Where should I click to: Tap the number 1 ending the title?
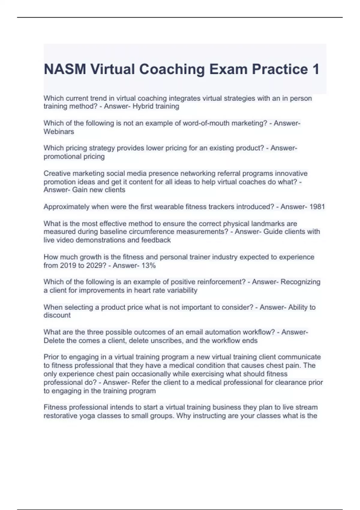pos(316,69)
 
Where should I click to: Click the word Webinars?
pos(59,132)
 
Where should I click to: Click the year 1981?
pos(317,207)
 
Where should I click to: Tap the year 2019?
pos(68,265)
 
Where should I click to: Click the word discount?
pos(57,315)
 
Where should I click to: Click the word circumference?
pos(126,232)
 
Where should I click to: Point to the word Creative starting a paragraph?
pos(57,173)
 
